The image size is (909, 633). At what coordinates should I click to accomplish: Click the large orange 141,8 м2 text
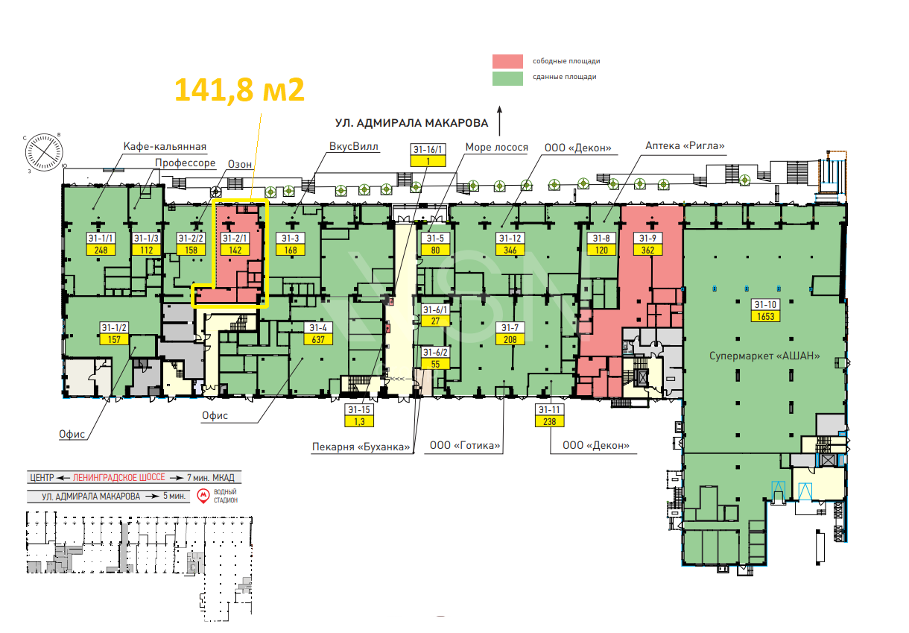coord(239,90)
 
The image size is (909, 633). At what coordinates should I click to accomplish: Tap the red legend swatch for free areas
coord(507,61)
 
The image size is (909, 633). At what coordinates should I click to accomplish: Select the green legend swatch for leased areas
coord(507,78)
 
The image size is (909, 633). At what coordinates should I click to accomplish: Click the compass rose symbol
coord(44,152)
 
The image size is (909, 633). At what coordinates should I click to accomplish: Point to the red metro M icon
coord(203,496)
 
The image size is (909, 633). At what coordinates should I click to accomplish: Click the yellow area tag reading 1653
coord(765,316)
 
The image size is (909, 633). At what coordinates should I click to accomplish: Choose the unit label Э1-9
coord(647,239)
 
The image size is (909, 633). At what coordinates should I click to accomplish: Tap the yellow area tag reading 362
coord(647,250)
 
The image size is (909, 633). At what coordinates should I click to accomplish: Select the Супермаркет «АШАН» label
coord(764,356)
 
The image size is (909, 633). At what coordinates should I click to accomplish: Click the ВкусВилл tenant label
coord(353,146)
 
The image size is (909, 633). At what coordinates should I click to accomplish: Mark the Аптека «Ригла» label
coord(685,145)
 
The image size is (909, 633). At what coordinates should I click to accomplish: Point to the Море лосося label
coord(497,147)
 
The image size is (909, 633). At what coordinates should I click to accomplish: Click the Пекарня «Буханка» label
coord(361,447)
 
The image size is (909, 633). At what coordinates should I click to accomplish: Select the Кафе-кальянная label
coord(165,147)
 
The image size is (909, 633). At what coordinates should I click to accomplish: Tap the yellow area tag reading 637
coord(318,339)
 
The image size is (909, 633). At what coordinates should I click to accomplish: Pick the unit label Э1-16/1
coord(428,149)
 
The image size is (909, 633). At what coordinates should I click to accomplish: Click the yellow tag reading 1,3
coord(359,421)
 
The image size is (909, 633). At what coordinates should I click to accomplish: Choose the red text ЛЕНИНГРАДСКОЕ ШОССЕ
coord(119,477)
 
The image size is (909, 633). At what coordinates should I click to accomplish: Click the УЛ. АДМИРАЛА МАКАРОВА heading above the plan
coord(411,123)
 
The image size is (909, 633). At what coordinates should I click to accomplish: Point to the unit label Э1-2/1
coord(235,239)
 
